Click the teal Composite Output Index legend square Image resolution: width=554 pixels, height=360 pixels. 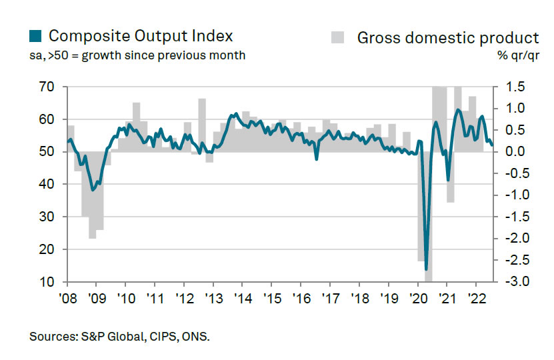point(36,36)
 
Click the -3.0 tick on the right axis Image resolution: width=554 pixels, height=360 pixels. point(509,282)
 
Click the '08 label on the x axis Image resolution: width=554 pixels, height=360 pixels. point(67,297)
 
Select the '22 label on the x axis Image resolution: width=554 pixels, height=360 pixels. point(477,297)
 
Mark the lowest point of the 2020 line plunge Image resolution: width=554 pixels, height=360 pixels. point(426,269)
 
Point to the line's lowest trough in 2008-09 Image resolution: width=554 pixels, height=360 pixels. point(93,190)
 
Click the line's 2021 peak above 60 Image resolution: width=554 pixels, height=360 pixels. point(458,109)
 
